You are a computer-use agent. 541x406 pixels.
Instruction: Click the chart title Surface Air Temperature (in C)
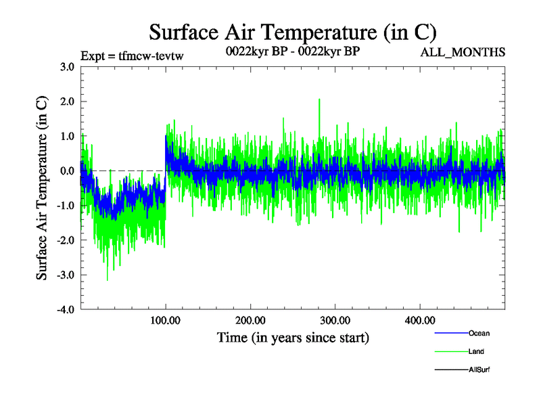click(x=292, y=32)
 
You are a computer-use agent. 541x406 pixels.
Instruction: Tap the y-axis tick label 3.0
click(x=66, y=67)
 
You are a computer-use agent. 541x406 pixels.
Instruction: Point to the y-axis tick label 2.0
click(x=66, y=101)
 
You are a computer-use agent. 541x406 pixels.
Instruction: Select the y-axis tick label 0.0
click(x=66, y=171)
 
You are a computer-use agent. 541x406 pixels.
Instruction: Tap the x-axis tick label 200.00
click(x=250, y=320)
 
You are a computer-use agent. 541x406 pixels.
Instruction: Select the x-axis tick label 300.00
click(x=335, y=320)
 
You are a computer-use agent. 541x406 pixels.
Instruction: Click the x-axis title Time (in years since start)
click(x=293, y=337)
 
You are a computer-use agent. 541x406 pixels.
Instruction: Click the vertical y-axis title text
click(x=42, y=188)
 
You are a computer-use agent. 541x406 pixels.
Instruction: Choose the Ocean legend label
click(x=479, y=334)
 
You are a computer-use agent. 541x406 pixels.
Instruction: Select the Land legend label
click(x=476, y=352)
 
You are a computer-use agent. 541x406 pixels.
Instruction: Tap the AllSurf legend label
click(x=479, y=369)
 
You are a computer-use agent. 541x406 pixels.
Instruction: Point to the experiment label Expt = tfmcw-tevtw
click(x=132, y=56)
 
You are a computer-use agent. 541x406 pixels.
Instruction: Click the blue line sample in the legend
click(x=450, y=334)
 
